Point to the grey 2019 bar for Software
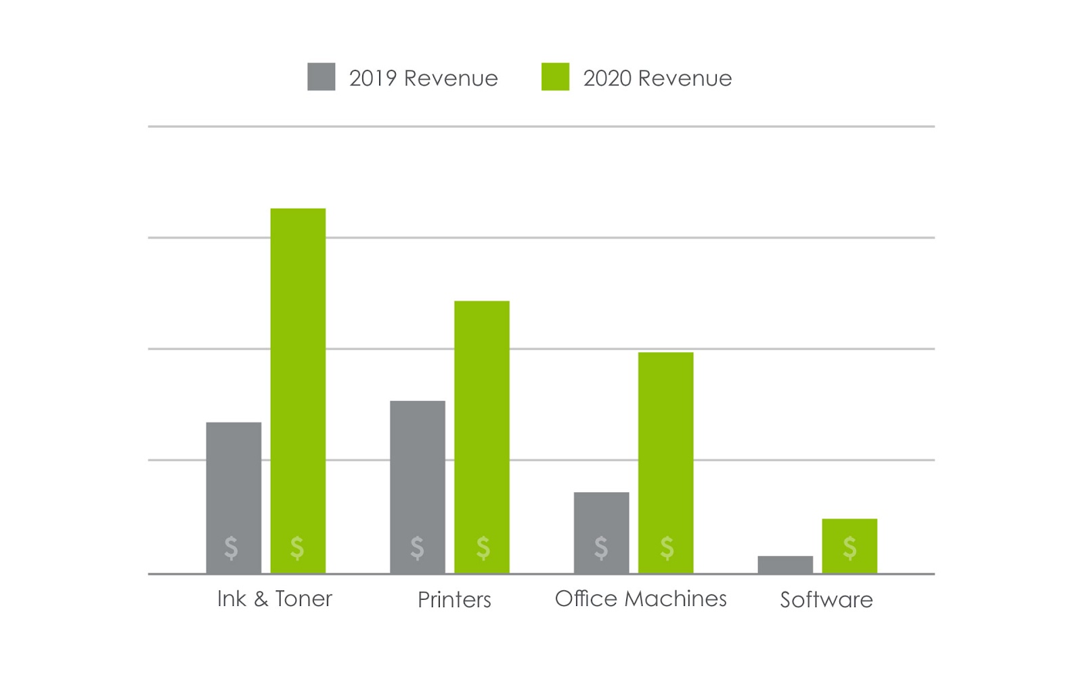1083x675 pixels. click(785, 565)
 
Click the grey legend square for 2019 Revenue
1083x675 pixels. click(322, 77)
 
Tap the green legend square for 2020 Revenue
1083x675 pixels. click(555, 77)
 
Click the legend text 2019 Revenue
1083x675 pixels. click(424, 79)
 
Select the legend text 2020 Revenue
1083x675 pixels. click(657, 79)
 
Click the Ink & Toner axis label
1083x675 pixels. click(275, 598)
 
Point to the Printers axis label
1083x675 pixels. click(454, 599)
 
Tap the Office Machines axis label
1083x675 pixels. click(640, 598)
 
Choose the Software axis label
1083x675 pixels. click(826, 599)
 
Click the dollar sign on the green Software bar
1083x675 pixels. click(849, 547)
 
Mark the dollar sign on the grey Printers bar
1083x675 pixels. click(417, 547)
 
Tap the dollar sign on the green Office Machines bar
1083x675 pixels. click(667, 547)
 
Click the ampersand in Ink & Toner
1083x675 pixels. click(261, 599)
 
